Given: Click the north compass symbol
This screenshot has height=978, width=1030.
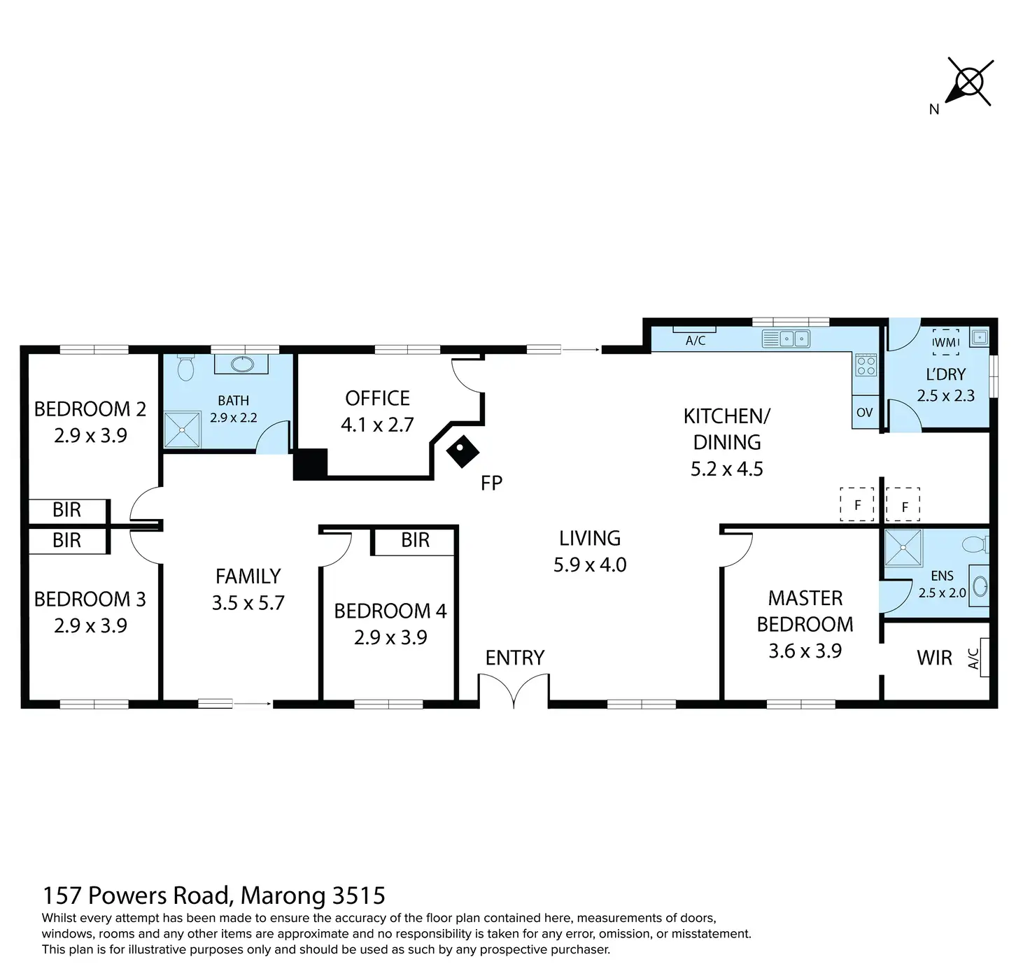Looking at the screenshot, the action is [969, 83].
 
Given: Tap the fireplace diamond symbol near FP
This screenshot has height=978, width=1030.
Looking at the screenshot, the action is [463, 451].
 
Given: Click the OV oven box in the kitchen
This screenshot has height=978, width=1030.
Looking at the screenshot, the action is [864, 412].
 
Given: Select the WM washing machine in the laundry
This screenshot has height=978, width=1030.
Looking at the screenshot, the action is [945, 342].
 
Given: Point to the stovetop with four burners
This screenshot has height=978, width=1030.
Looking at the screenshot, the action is [866, 364].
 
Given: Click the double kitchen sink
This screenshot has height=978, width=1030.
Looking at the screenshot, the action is [793, 339].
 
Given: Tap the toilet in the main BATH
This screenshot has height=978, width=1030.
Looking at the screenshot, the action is [185, 367].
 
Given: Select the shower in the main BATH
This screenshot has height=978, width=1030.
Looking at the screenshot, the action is [182, 430].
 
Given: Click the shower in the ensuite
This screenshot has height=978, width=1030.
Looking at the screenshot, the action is [903, 547].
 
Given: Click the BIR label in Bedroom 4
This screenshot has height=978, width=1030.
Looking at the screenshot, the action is [415, 540].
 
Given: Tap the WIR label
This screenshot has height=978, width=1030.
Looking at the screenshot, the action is [934, 658].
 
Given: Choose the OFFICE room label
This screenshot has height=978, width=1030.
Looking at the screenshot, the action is [377, 398].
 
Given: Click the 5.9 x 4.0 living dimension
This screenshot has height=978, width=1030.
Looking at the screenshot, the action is [590, 565].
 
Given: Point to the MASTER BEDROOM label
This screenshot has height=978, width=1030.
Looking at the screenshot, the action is [805, 611].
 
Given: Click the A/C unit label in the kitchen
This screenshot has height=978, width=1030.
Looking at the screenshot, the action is [696, 341].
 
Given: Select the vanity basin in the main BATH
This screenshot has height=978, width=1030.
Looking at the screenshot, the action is [242, 364].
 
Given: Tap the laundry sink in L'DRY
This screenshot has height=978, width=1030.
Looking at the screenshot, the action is [979, 337].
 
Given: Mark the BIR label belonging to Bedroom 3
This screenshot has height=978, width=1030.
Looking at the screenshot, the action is [66, 540].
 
